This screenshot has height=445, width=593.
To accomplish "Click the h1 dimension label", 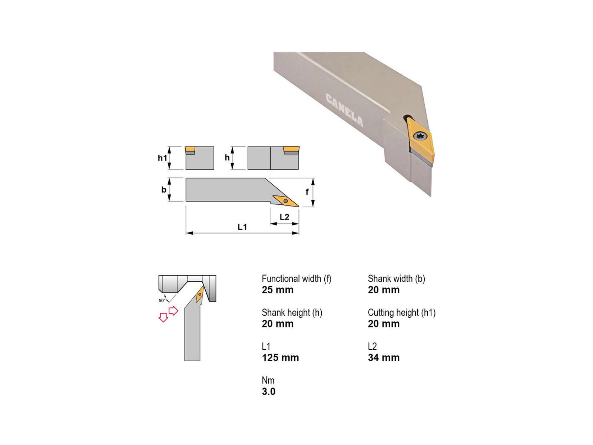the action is coord(162,158).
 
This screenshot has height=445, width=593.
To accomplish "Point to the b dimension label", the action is coord(164,189).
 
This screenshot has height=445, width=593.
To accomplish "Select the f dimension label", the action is coord(307,192).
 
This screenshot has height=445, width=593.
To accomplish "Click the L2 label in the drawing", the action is coord(284,217).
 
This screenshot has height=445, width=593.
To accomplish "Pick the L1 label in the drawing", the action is coord(242,227).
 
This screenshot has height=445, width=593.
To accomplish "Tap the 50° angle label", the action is coord(162,300).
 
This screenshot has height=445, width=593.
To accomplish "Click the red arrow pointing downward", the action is coord(163,317).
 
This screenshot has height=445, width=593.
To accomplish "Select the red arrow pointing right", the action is coord(173,311).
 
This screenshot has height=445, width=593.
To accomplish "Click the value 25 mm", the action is coord(278,290).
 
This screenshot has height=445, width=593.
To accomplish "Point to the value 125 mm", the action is coord(280,358).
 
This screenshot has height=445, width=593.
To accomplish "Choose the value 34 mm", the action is coord(384,358).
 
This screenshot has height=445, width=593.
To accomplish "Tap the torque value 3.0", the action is coord(269,392).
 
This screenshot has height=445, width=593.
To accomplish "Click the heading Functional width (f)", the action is coord(296,278).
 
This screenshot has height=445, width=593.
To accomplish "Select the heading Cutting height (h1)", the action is coord(402,313).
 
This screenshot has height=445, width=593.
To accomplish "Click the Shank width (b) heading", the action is coord(396,278).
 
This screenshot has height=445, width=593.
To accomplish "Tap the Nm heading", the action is coord(268,380).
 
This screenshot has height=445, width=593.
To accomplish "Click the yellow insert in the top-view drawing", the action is coord(285,201).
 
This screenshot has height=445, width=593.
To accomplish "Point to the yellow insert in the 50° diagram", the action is coord(200,294).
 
